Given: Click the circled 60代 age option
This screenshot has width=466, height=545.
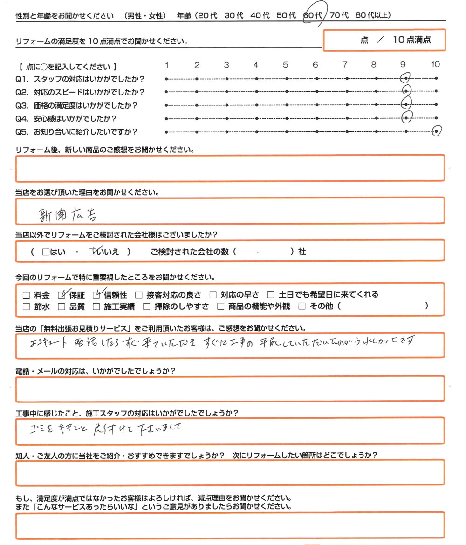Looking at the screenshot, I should (313, 15).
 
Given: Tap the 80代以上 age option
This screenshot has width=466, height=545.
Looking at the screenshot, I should (373, 15).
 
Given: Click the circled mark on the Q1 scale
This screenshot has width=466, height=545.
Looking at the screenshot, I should (406, 78).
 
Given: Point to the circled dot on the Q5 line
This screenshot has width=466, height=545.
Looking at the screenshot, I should (436, 131).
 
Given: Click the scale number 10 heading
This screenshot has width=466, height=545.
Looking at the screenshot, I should (435, 65).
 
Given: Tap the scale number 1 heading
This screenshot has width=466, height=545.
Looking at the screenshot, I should (167, 65).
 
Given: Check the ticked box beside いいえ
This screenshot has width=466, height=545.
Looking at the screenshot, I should (92, 252).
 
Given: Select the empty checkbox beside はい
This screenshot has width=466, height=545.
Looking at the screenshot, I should (45, 252).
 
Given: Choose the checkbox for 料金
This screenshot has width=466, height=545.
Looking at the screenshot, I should (26, 294).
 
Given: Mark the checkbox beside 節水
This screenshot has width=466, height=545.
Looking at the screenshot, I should (26, 307).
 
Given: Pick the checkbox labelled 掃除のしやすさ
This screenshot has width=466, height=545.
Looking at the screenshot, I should (146, 307).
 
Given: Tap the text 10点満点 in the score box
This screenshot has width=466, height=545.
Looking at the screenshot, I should (411, 40).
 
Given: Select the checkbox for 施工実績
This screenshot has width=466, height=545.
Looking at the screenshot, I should (96, 307).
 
